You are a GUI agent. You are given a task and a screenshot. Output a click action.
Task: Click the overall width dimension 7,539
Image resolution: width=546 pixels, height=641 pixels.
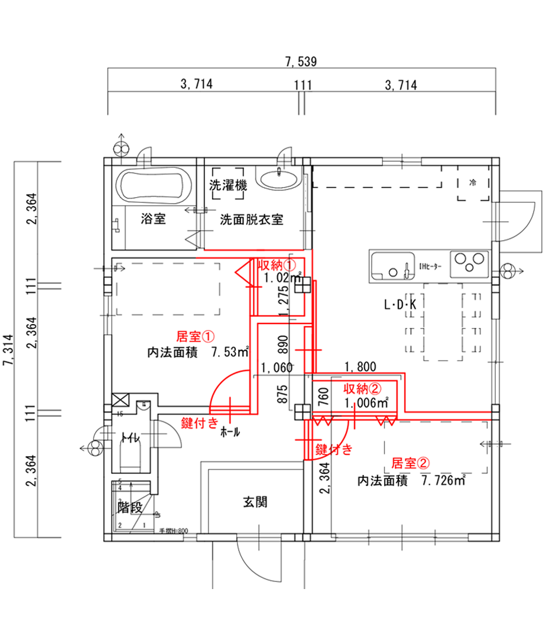click(301, 61)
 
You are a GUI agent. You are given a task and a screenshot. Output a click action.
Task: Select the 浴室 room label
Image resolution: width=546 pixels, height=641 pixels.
click(153, 220)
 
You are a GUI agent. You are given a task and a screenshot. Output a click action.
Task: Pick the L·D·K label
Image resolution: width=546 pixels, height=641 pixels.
click(401, 305)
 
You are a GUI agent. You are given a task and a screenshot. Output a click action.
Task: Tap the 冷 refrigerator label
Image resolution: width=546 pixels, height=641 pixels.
click(473, 182)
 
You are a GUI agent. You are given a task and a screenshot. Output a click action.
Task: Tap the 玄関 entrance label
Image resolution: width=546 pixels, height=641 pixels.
click(255, 502)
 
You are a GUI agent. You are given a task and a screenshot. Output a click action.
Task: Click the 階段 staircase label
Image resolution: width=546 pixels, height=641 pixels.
click(131, 506)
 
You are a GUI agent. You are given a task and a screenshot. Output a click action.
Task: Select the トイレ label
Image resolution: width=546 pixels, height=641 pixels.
click(129, 437)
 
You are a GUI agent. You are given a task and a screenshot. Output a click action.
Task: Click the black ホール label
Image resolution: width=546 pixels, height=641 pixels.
click(230, 432)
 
